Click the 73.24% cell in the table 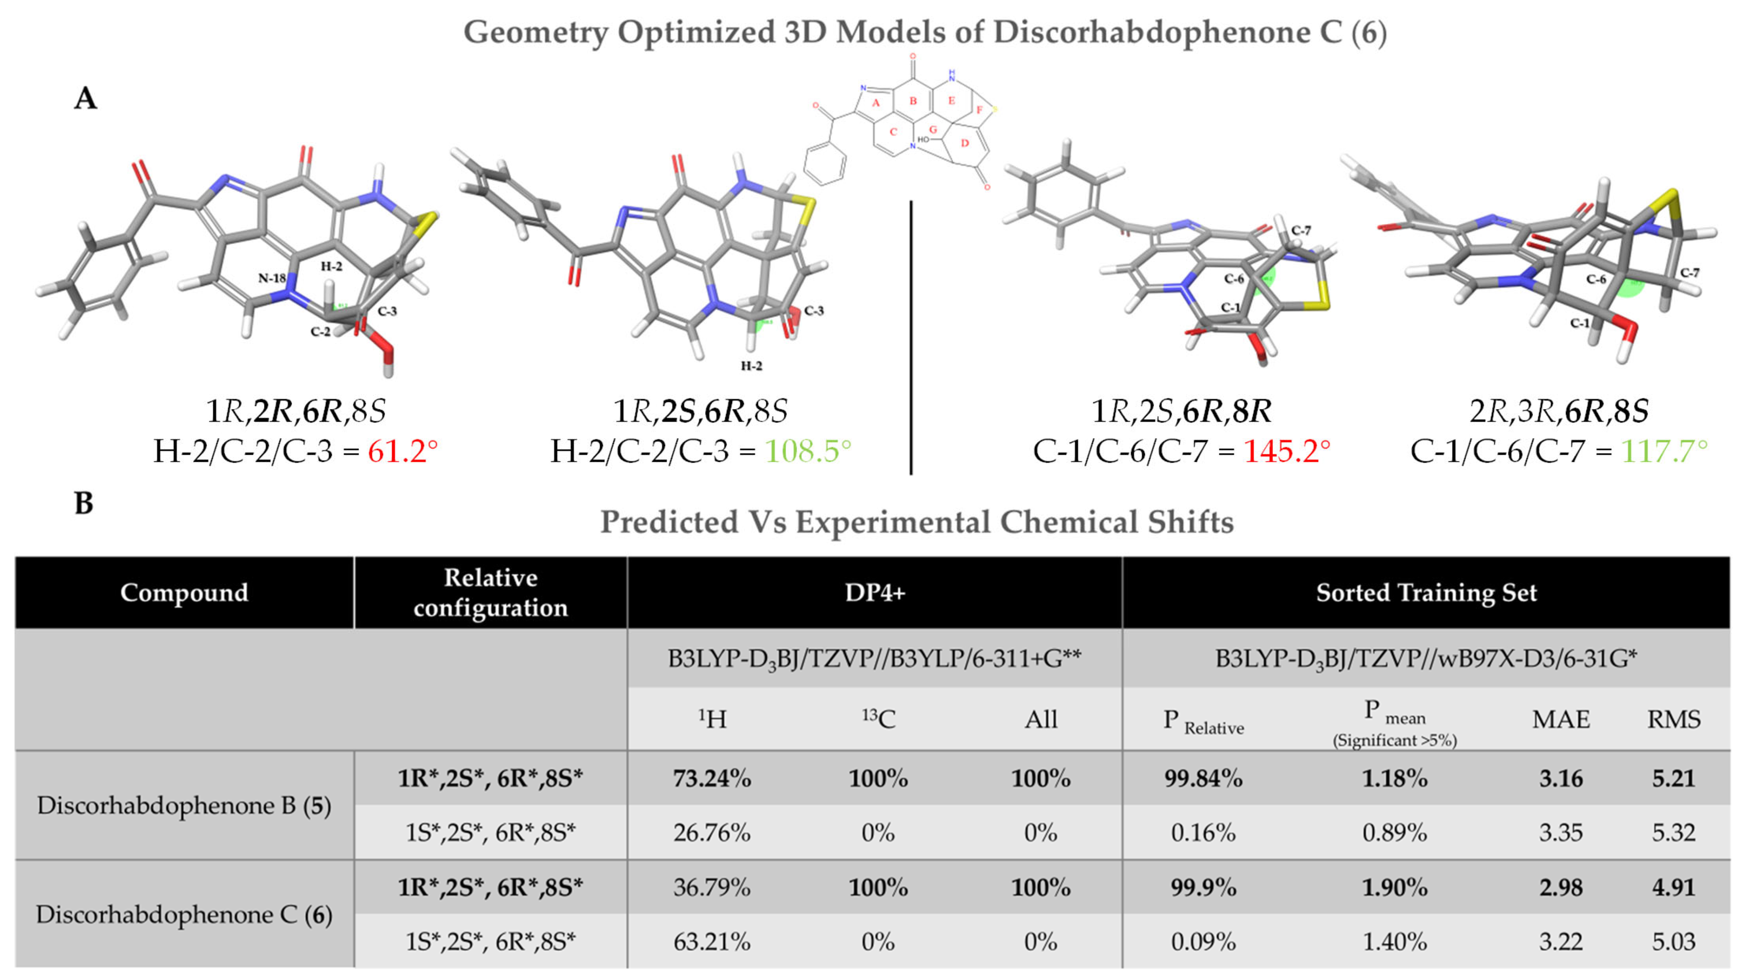point(711,779)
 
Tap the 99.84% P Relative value point(1203,779)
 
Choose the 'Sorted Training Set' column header point(1426,593)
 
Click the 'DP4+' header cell point(875,593)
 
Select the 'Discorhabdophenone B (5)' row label point(183,805)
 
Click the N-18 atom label point(272,278)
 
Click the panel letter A point(85,99)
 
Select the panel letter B point(84,503)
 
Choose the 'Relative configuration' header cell point(490,593)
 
